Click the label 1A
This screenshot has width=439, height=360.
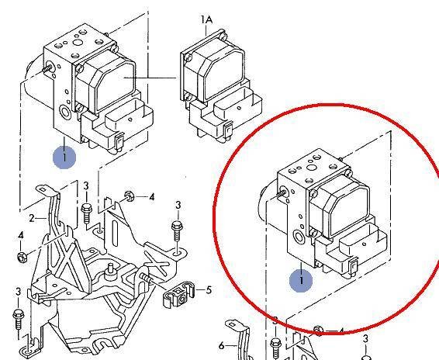206,19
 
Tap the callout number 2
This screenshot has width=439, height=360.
32,218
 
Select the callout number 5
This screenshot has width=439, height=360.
209,290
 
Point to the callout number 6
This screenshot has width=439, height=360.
222,346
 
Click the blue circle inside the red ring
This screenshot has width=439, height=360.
301,280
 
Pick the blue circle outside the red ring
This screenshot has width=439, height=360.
64,157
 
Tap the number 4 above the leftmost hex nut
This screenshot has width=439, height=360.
21,236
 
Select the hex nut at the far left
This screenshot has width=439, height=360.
22,257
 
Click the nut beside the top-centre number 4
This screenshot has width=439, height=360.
129,196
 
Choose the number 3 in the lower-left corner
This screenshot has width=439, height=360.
18,292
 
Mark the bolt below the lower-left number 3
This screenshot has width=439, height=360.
18,321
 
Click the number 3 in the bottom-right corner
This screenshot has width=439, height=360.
365,339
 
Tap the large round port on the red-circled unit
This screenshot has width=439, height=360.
299,238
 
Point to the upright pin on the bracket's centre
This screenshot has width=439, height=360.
110,271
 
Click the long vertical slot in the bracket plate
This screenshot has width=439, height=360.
115,233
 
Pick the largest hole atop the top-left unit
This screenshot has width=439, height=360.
78,43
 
